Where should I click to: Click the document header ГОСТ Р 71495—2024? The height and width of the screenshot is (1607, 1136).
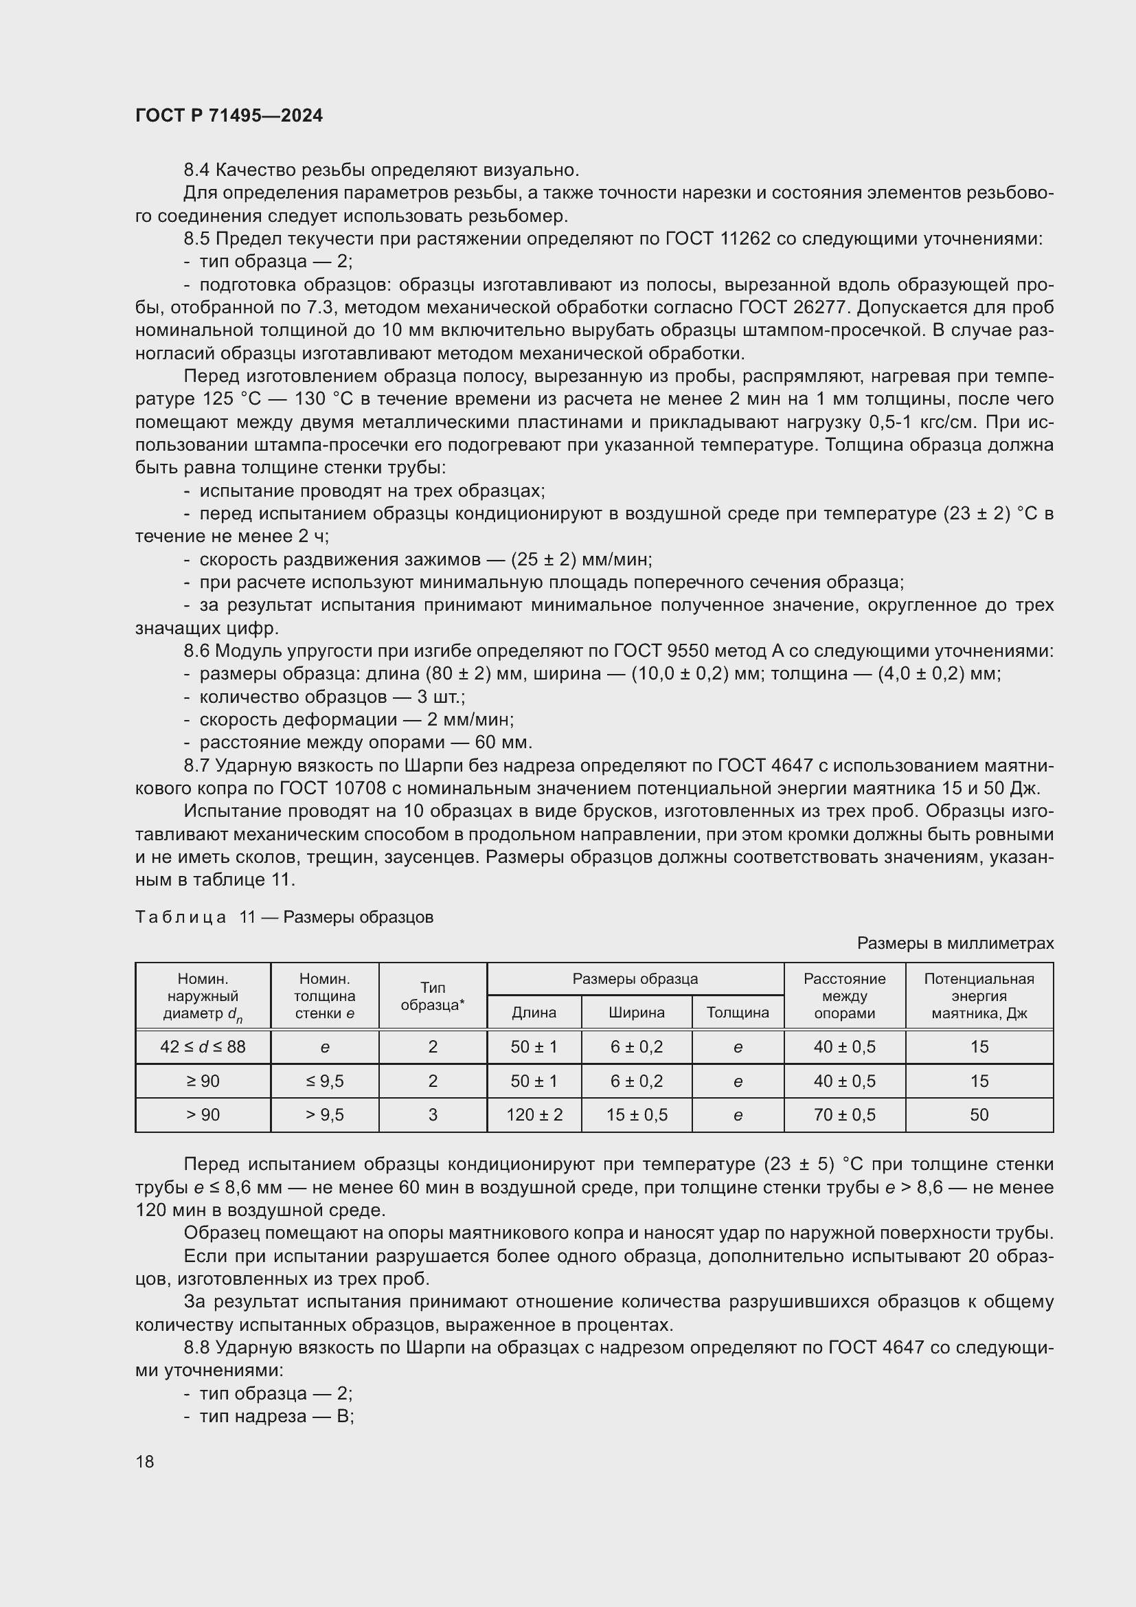(229, 115)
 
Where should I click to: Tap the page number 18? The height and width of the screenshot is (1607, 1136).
(145, 1461)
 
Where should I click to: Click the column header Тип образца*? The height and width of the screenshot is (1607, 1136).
(432, 996)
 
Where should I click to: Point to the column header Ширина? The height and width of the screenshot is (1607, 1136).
(636, 1012)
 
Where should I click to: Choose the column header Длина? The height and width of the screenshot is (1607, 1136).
(534, 1012)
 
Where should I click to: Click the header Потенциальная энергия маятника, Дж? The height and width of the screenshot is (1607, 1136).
(979, 996)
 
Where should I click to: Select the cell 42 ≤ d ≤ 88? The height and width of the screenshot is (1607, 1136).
(203, 1047)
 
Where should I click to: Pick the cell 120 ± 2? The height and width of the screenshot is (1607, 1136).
(534, 1115)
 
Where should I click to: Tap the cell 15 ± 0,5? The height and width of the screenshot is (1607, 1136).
(636, 1115)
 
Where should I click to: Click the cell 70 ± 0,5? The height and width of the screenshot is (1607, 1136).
(844, 1115)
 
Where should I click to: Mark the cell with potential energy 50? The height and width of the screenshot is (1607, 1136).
(979, 1115)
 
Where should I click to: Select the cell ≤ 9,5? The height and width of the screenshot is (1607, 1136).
(325, 1081)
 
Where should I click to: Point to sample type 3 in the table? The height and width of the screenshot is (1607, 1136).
(432, 1115)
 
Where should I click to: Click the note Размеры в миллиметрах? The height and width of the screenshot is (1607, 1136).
(955, 943)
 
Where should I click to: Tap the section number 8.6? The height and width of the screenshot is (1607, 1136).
(196, 651)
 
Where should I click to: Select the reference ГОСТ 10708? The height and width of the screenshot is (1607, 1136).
(333, 788)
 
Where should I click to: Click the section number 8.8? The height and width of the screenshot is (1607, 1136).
(196, 1347)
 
